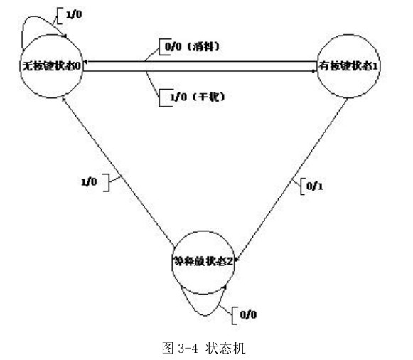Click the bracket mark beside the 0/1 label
point(301,186)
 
